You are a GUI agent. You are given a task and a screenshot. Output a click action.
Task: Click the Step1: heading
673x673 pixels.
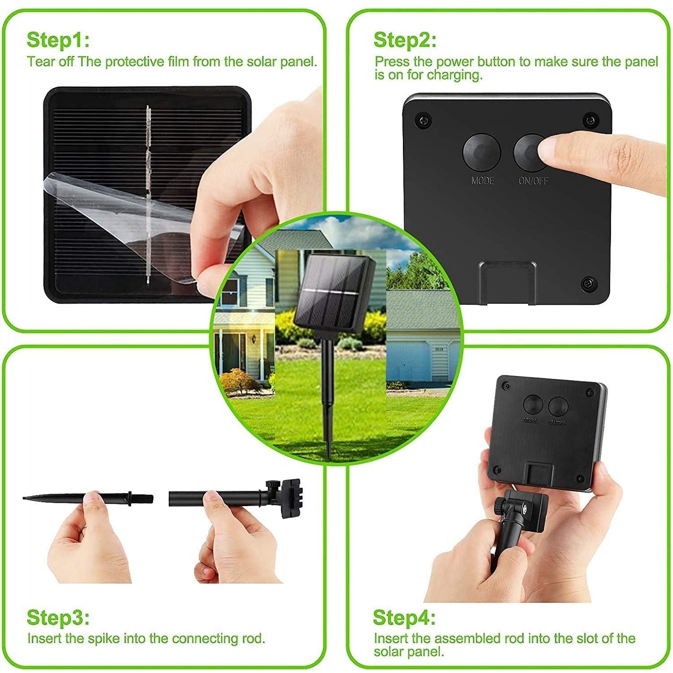click(58, 40)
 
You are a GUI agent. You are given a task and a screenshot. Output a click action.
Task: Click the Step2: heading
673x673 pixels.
click(405, 40)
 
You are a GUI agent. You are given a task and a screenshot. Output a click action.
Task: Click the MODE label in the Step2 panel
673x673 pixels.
click(482, 181)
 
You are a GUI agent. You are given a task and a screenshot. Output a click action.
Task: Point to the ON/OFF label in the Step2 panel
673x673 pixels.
click(533, 181)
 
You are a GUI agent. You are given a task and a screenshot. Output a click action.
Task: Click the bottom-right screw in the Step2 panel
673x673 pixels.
click(587, 284)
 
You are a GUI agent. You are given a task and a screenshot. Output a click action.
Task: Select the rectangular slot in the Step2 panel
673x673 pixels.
click(507, 283)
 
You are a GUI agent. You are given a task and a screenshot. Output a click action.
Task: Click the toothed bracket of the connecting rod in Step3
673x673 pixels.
click(290, 498)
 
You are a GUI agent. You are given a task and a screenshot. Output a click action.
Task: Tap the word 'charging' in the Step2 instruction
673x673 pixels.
click(453, 75)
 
